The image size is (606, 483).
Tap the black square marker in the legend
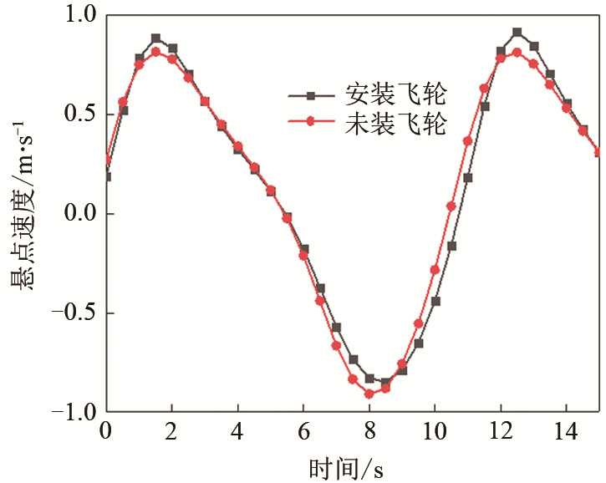(x=310, y=94)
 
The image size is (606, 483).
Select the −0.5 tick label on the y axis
(x=70, y=313)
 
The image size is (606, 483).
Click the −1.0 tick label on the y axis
(x=70, y=412)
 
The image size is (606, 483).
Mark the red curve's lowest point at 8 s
(x=369, y=394)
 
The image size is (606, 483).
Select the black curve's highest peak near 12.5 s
(x=517, y=33)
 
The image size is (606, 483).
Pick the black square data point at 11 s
(x=468, y=178)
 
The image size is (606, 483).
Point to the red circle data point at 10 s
(x=435, y=270)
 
